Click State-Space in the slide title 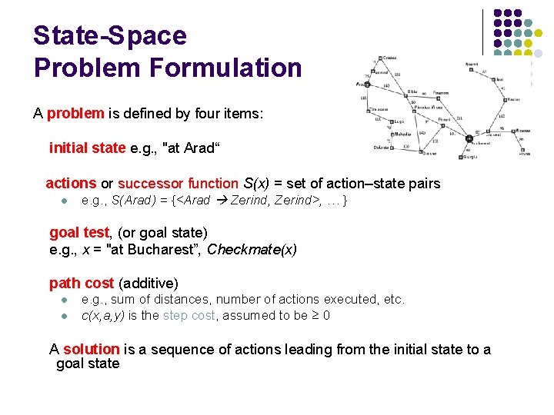pyautogui.click(x=110, y=35)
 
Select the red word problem pyautogui.click(x=75, y=114)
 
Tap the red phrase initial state pyautogui.click(x=87, y=148)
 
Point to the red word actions pyautogui.click(x=71, y=184)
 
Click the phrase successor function pyautogui.click(x=178, y=184)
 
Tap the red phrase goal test pyautogui.click(x=80, y=232)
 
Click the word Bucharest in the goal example pyautogui.click(x=162, y=249)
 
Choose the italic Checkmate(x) pyautogui.click(x=252, y=249)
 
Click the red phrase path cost pyautogui.click(x=82, y=283)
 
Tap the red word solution pyautogui.click(x=92, y=350)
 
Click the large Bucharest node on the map pyautogui.click(x=469, y=139)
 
